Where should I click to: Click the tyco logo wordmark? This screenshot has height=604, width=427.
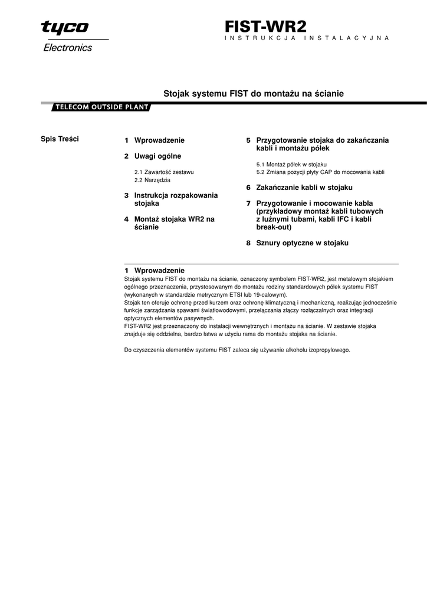click(65, 28)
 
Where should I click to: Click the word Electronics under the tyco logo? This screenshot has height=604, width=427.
click(68, 48)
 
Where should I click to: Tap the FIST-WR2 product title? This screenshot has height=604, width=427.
click(265, 26)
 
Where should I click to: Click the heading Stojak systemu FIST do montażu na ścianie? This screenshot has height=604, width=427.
click(253, 94)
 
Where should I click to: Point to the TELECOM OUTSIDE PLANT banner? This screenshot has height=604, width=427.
click(101, 107)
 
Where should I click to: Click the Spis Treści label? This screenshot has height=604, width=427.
click(60, 139)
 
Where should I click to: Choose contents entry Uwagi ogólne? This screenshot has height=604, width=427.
click(157, 156)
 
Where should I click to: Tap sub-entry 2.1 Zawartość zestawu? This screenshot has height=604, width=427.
click(164, 172)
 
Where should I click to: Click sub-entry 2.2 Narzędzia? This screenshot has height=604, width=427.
click(152, 179)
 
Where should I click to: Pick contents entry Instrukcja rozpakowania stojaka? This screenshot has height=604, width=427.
click(176, 199)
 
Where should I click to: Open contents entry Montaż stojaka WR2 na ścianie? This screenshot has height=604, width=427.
click(174, 222)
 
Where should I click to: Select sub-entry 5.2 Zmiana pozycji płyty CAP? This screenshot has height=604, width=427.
click(320, 172)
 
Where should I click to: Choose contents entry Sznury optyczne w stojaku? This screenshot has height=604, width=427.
click(302, 242)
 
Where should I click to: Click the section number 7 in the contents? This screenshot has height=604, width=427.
click(248, 203)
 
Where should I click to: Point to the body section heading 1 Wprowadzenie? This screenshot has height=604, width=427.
click(155, 270)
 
